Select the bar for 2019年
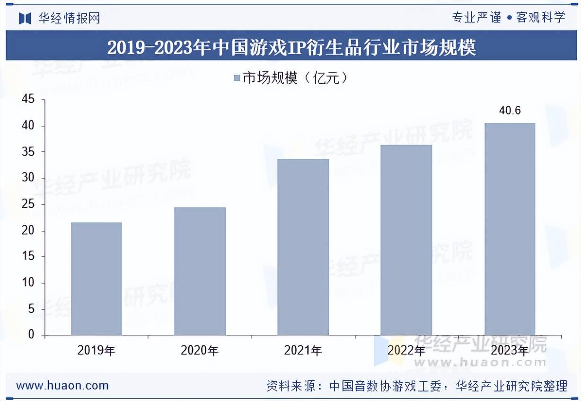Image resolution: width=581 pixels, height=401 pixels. [x=96, y=279]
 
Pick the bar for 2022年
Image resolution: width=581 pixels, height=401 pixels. [x=406, y=240]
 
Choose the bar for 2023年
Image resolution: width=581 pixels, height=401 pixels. [x=510, y=229]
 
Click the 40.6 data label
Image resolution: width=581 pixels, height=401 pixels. [x=510, y=111]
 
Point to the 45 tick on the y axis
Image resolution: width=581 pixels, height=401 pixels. [x=28, y=100]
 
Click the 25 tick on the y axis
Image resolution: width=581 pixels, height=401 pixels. [x=28, y=205]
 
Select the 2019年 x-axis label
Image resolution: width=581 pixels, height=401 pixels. [x=96, y=350]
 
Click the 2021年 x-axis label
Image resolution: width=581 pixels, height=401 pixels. [x=303, y=350]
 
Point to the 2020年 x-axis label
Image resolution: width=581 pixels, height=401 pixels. [x=200, y=350]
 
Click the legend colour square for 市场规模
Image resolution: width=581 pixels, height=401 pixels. [x=237, y=78]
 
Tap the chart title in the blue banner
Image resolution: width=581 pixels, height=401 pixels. [x=291, y=48]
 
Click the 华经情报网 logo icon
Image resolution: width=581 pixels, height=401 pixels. [x=25, y=18]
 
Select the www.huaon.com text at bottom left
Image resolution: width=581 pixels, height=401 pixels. [x=62, y=385]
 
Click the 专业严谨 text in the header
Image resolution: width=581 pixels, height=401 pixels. [x=476, y=17]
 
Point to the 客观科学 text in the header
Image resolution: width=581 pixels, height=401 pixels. [x=541, y=17]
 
